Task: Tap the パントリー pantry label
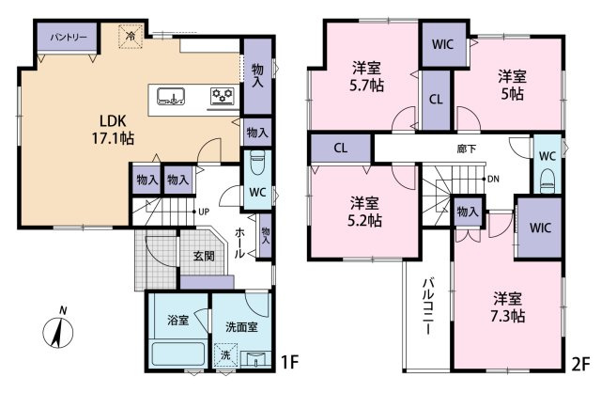tap(69, 38)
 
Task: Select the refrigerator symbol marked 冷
tap(131, 37)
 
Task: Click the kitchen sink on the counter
tap(171, 96)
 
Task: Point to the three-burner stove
tap(223, 96)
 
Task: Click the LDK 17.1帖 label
tap(113, 130)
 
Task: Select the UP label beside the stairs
tap(204, 212)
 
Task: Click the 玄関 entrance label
tap(204, 256)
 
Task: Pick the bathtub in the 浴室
tap(178, 354)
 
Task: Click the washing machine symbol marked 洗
tap(225, 354)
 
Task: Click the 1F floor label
tap(289, 362)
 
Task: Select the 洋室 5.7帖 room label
tap(366, 77)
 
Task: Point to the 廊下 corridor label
tap(467, 149)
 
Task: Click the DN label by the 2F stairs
tap(493, 179)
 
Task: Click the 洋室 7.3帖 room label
tap(507, 307)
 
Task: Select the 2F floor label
tap(580, 364)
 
